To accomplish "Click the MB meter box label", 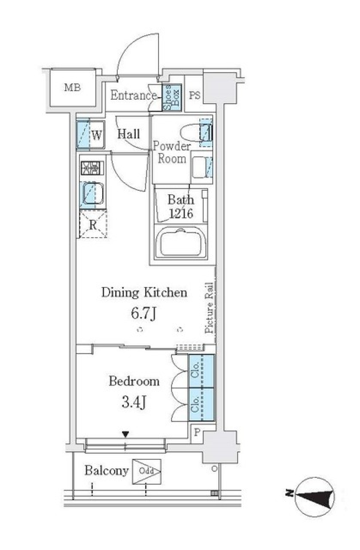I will (72, 88).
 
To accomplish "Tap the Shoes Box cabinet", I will (172, 97).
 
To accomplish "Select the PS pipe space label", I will (194, 96).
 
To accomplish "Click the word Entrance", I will (133, 95).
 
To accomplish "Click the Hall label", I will (128, 134).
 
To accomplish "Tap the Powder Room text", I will (171, 152).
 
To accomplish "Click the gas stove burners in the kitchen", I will (92, 168).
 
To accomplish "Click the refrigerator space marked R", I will (93, 225).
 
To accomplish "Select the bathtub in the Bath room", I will (181, 243).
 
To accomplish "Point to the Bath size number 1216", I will (181, 214).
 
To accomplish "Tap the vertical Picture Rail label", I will (209, 308).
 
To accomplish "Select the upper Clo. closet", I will (201, 371).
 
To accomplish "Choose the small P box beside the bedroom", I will (196, 432).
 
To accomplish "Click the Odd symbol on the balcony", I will (146, 471).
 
